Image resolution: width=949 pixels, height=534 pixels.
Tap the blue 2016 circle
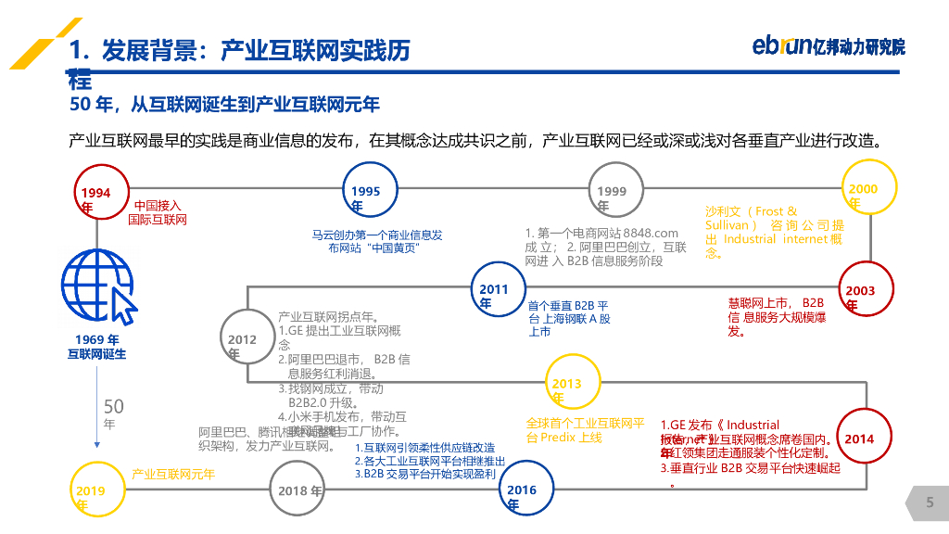click(x=526, y=489)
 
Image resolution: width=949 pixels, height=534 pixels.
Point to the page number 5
click(x=930, y=502)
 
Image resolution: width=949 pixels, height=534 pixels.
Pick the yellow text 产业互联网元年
click(x=173, y=475)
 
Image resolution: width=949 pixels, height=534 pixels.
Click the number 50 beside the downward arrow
click(x=113, y=406)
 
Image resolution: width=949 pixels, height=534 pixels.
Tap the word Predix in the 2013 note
click(x=559, y=438)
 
